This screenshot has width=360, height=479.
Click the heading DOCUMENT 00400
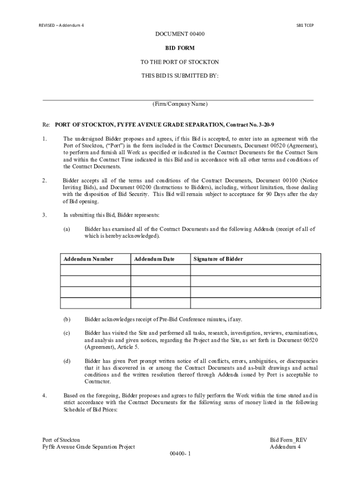point(180,34)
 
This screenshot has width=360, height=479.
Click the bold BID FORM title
point(180,48)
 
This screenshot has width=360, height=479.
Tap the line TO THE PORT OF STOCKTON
point(180,62)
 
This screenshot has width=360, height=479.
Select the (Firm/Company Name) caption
point(180,104)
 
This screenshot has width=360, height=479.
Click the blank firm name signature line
point(178,100)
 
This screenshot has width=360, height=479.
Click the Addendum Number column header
point(88,259)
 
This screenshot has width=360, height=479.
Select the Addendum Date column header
point(154,259)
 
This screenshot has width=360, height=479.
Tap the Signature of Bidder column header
point(218,259)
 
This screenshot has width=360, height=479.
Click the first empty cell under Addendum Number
point(95,270)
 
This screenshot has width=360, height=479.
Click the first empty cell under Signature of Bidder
point(256,270)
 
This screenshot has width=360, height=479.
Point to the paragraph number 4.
point(44,396)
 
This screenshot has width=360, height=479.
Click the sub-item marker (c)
point(67,333)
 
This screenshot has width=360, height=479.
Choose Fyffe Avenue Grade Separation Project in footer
point(89,447)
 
